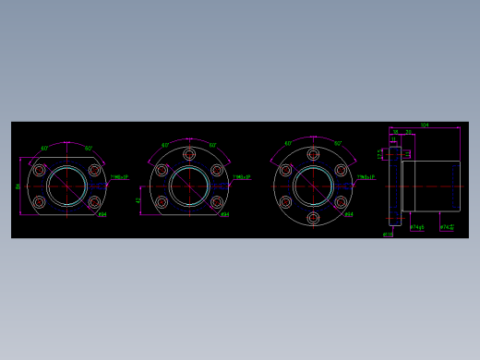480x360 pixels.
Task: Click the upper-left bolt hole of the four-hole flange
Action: (40, 170)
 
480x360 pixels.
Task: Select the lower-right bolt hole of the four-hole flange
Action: (94, 202)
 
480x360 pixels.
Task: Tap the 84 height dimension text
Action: (18, 186)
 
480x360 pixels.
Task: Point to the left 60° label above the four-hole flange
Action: (44, 148)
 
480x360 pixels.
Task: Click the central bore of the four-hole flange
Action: (66, 186)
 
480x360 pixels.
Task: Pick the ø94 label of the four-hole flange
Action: (102, 215)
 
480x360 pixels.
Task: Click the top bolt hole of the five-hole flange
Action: (189, 155)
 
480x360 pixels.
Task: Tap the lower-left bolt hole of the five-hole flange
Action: (162, 202)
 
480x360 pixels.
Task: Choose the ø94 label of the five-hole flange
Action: (225, 215)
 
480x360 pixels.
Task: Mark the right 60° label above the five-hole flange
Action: (212, 145)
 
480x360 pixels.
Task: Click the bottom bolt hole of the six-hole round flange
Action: (313, 218)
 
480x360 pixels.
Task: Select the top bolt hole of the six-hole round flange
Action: (313, 155)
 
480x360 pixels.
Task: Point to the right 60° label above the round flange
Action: (337, 144)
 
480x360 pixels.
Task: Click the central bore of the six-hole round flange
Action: (313, 186)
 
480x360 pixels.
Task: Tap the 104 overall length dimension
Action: (424, 125)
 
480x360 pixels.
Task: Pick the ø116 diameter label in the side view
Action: (388, 234)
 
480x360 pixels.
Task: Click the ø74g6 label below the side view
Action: (416, 227)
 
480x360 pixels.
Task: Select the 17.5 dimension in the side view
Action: (380, 153)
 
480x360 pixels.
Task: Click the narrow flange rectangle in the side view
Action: (395, 186)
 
